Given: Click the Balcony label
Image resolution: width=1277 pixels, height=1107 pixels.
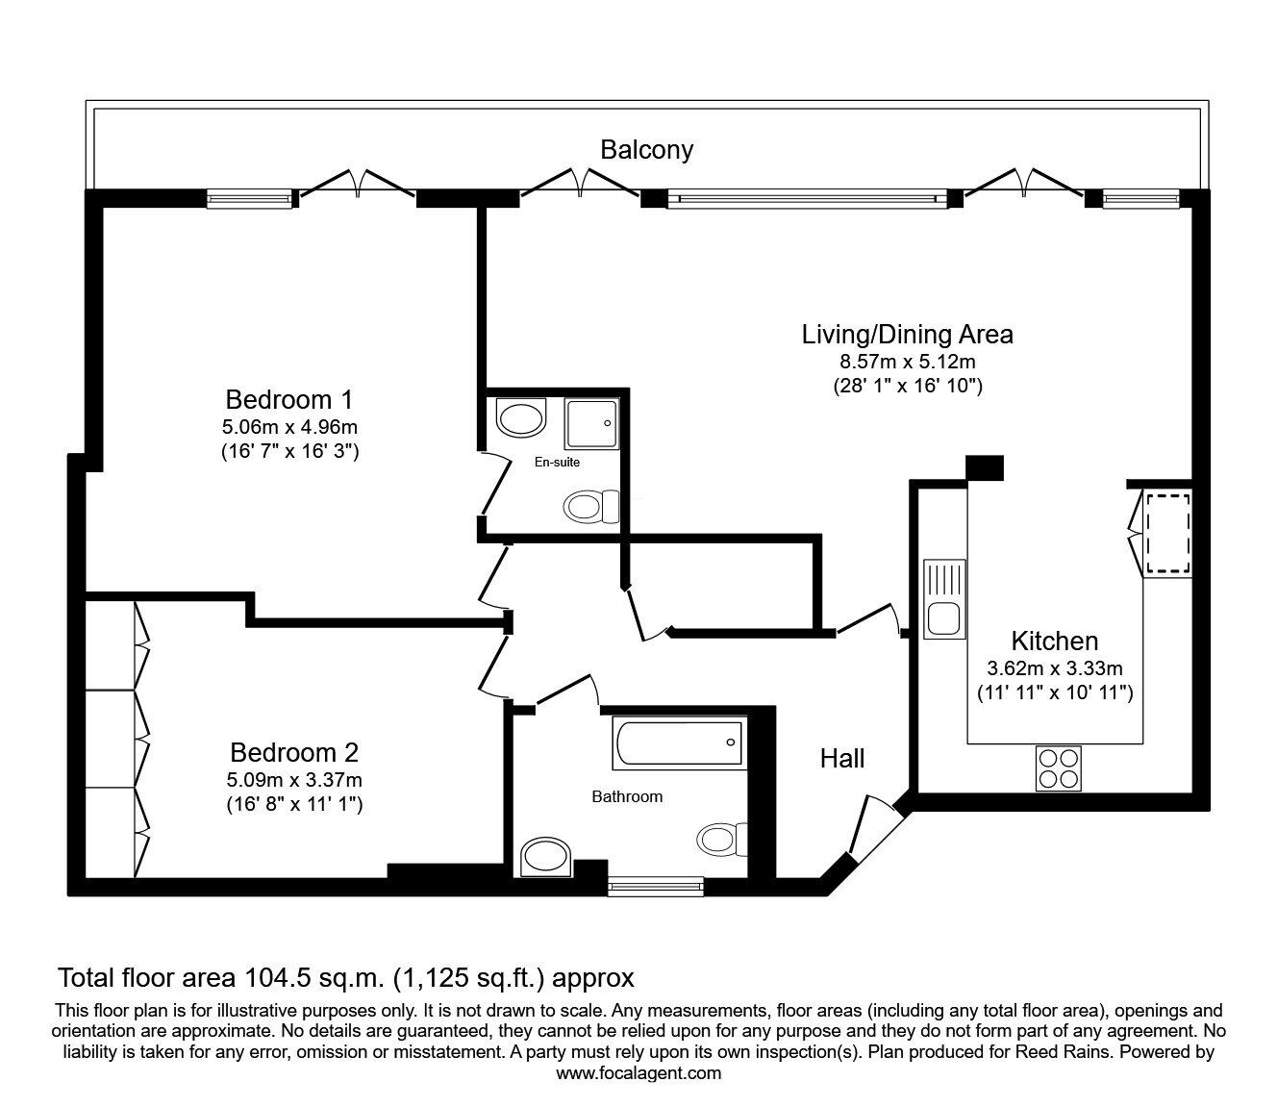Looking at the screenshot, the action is click(x=646, y=150).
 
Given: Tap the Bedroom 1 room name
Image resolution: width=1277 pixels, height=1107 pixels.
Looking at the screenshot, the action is click(x=289, y=400).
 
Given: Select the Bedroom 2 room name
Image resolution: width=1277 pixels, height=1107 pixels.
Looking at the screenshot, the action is click(x=294, y=752).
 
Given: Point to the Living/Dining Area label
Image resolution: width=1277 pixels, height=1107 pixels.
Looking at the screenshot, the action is click(x=907, y=335).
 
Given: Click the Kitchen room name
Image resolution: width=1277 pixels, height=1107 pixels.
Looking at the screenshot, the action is click(x=1055, y=641).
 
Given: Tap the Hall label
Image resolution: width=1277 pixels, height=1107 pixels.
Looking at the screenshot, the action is click(x=842, y=759).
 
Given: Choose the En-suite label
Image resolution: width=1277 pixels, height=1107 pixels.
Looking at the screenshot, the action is click(x=558, y=462).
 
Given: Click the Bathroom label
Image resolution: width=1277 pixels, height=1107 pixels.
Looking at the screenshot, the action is click(x=627, y=796).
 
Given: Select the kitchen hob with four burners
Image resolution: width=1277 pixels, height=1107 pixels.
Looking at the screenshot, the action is click(x=1059, y=767).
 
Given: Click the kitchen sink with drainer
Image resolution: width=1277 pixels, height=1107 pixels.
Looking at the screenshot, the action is click(x=944, y=599).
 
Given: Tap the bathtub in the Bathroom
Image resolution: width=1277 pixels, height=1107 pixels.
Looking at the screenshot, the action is click(x=680, y=742).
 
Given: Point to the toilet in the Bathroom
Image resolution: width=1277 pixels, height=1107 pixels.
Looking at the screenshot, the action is click(x=722, y=840).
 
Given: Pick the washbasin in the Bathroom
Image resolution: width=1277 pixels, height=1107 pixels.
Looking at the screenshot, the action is click(x=546, y=857).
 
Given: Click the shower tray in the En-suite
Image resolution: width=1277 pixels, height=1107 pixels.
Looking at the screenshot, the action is click(x=591, y=424).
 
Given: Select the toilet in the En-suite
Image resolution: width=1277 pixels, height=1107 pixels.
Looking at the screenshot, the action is click(x=591, y=506).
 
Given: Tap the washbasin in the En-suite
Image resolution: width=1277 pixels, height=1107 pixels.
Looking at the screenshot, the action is click(x=521, y=417).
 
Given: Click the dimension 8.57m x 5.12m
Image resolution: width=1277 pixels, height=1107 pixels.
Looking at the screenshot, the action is click(x=907, y=361).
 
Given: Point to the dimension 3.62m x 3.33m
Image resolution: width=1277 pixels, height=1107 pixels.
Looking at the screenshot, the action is click(x=1055, y=668).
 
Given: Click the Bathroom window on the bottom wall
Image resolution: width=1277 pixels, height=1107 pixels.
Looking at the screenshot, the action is click(x=656, y=887).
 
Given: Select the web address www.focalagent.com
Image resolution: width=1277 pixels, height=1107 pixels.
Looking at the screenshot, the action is click(x=638, y=1073).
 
